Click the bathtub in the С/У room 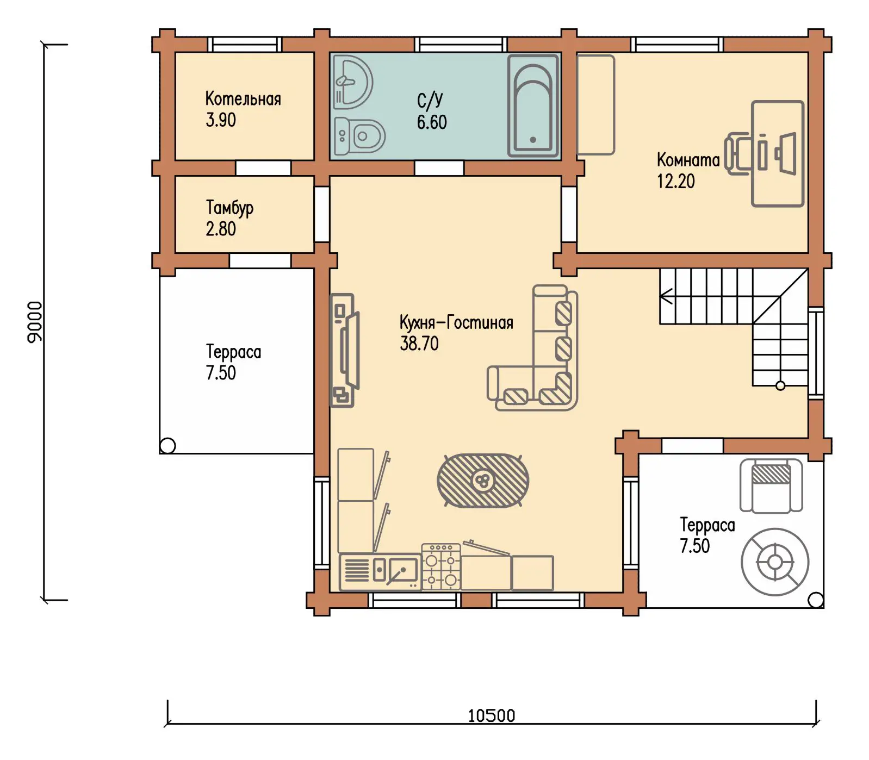(x=533, y=105)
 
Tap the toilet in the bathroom (x=359, y=135)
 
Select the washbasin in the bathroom (x=352, y=82)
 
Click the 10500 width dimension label (x=492, y=715)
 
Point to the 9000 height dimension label (x=35, y=322)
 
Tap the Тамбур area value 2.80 (x=221, y=229)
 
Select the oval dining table (x=483, y=481)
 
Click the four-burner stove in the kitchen (x=441, y=566)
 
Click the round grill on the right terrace (x=775, y=562)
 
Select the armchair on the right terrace (x=771, y=485)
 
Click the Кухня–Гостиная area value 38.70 (x=419, y=344)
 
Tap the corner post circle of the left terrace (x=168, y=446)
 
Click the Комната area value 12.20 (x=676, y=181)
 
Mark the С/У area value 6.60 (x=432, y=122)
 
